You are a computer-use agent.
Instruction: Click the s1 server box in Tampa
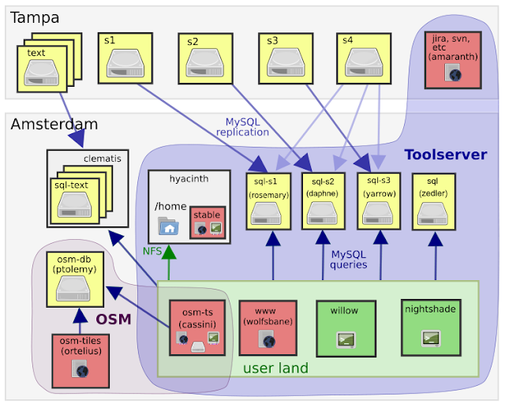click(x=125, y=56)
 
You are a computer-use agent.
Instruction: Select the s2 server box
click(x=207, y=58)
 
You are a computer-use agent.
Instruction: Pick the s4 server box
click(x=365, y=57)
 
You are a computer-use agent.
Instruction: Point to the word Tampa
click(x=35, y=17)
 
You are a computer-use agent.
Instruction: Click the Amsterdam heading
click(x=54, y=124)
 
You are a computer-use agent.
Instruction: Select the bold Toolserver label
click(x=446, y=155)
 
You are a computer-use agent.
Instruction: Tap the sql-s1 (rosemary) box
click(x=269, y=201)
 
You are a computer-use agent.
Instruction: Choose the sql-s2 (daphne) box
click(x=324, y=201)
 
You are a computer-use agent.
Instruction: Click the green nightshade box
click(x=428, y=325)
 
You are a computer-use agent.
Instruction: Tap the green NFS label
click(x=152, y=251)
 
